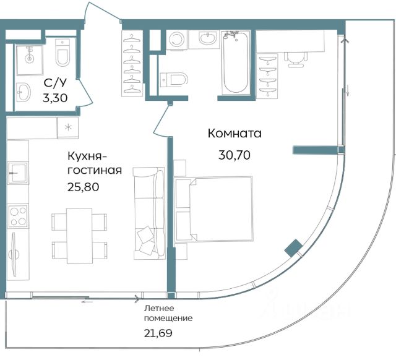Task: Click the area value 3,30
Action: pos(55,98)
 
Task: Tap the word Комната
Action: pos(235,133)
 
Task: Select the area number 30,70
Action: pos(235,155)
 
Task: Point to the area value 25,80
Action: pos(83,187)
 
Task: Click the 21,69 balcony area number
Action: pos(158,333)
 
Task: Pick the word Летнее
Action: pos(159,308)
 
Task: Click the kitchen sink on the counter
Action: pos(17,173)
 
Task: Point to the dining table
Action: pos(79,236)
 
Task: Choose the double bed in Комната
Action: pos(213,209)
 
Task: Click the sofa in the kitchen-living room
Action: pos(149,213)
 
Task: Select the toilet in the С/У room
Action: pos(62,53)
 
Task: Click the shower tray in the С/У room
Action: pos(29,60)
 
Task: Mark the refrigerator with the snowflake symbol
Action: pos(67,128)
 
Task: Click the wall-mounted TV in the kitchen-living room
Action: pos(13,254)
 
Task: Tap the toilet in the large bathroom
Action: pos(174,80)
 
